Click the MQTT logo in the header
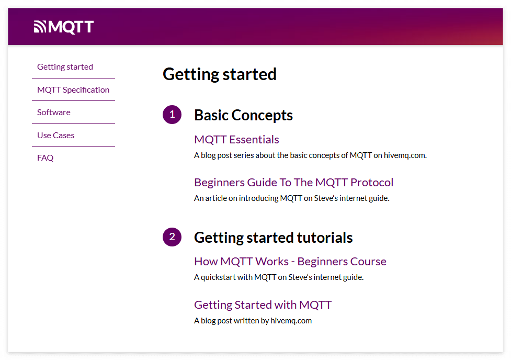click(x=64, y=27)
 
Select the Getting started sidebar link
click(x=65, y=67)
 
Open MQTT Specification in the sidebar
click(x=73, y=89)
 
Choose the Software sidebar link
click(x=54, y=112)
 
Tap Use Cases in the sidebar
click(x=56, y=135)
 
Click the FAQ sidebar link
click(x=46, y=158)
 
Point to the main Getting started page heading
click(x=219, y=74)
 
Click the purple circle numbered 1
click(x=172, y=115)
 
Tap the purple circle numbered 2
click(x=172, y=237)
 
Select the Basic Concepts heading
click(x=243, y=115)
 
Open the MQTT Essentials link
click(x=236, y=140)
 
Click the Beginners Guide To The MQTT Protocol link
click(x=293, y=182)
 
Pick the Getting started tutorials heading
click(x=274, y=238)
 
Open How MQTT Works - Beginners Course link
click(x=290, y=262)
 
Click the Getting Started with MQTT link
click(x=263, y=305)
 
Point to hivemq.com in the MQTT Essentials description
click(x=405, y=155)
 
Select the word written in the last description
click(x=247, y=321)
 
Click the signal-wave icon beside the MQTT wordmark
click(x=40, y=27)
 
